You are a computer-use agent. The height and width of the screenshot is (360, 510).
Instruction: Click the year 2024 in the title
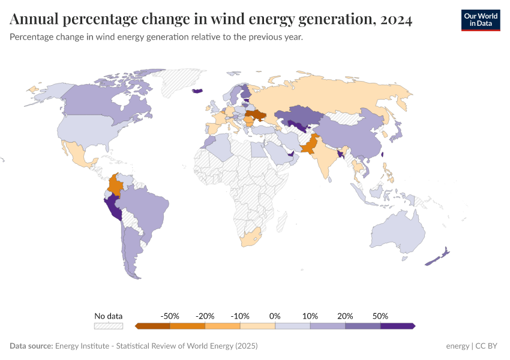[395, 20]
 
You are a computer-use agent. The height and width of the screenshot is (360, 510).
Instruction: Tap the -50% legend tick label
[170, 316]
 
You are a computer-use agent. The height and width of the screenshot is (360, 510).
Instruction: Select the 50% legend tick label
[380, 316]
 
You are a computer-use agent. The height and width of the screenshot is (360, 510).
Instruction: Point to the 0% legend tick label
[275, 316]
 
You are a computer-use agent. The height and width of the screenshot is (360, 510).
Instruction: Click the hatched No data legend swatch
[108, 326]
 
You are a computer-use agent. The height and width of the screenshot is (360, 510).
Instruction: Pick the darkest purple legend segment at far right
[397, 326]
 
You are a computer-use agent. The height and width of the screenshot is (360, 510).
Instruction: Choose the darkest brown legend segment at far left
[153, 326]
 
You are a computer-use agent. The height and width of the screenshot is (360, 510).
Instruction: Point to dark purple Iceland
[197, 91]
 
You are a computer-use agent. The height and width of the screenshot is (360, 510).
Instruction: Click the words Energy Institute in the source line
[80, 346]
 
